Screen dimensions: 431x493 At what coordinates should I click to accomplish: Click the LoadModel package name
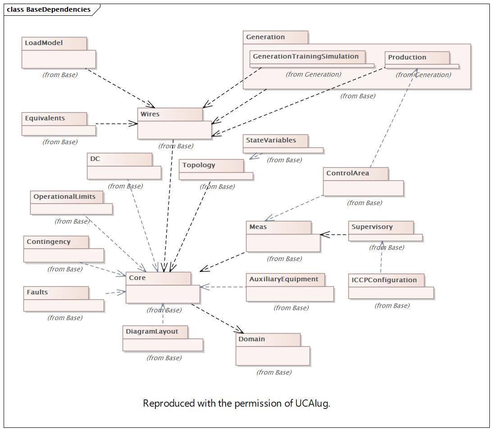pos(44,43)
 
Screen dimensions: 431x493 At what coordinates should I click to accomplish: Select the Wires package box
pos(174,129)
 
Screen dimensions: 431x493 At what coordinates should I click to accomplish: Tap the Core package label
pos(137,278)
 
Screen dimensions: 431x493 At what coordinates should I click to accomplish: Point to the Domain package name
pos(251,339)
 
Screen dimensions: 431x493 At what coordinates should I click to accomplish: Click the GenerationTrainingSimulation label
pos(306,57)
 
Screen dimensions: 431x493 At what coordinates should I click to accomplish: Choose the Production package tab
pos(407,58)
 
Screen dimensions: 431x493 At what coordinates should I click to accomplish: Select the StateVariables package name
pos(271,141)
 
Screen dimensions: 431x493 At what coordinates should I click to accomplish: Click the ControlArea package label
pos(347,174)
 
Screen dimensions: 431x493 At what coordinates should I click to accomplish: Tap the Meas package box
pos(283,243)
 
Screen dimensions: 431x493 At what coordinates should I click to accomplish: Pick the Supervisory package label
pos(372,227)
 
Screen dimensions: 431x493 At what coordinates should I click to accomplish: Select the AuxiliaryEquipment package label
pos(283,280)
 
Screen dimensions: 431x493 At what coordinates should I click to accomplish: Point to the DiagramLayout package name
pos(152,332)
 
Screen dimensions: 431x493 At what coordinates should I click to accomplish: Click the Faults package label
pos(37,293)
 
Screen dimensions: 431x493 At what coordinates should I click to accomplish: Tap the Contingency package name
pos(48,242)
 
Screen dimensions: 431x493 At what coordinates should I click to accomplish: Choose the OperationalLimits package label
pos(64,197)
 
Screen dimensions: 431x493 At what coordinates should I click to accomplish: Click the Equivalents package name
pos(45,119)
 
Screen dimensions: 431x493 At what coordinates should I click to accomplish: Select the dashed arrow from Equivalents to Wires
pos(116,124)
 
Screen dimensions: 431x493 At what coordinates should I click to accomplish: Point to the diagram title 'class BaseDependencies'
pos(49,9)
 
